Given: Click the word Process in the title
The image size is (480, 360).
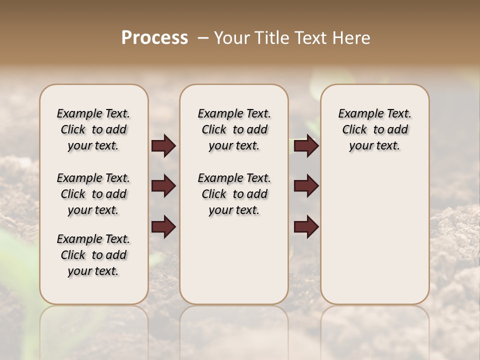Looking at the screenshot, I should [x=154, y=38].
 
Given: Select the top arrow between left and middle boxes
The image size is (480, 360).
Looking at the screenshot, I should [x=163, y=145].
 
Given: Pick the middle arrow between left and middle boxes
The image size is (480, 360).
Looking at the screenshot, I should [x=163, y=186].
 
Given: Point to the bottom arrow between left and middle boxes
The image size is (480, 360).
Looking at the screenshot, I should [x=163, y=226].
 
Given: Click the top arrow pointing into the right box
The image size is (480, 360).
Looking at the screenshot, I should [x=306, y=145].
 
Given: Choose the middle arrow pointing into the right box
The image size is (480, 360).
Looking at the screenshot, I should [x=306, y=186].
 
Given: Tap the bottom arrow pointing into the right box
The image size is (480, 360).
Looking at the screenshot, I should [x=306, y=226].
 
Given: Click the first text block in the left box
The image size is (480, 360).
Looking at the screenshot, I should [x=93, y=129].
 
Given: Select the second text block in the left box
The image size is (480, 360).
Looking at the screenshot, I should [x=93, y=194].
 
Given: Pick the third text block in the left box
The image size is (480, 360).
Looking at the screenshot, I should [x=93, y=255].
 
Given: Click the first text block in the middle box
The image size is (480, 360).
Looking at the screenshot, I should [x=234, y=129].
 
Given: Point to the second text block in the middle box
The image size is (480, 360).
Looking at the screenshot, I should [x=234, y=194].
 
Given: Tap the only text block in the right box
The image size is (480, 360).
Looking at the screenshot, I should [x=375, y=129].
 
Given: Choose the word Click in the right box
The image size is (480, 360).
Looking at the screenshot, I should [x=354, y=130].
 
